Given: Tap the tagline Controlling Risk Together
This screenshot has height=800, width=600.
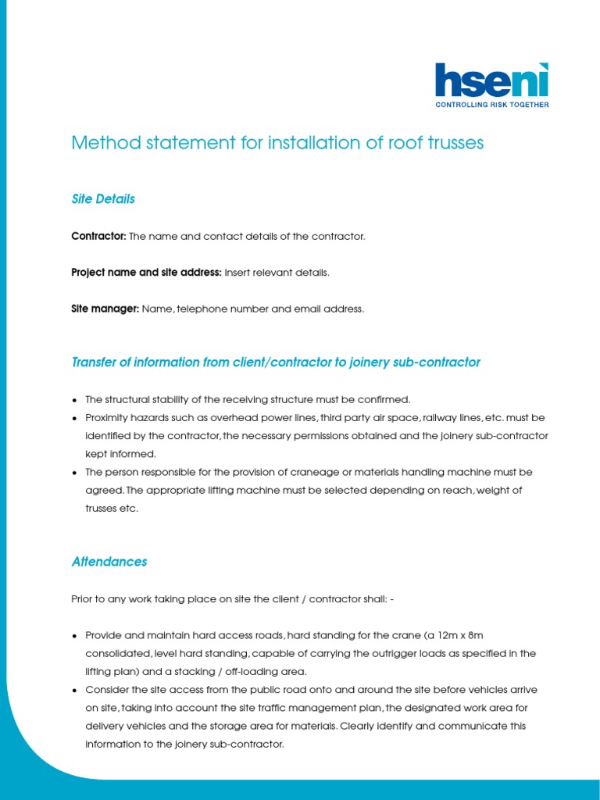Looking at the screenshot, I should pos(491,104).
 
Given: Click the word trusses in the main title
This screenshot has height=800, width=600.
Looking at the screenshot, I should pos(452,143).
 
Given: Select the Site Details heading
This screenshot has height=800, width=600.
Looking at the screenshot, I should pos(103,199).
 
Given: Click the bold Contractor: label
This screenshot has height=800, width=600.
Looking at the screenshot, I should pos(98,236).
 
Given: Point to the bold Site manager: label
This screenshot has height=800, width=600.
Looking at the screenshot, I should pos(105,309).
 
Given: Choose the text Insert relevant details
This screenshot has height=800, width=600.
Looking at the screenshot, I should pos(277,273).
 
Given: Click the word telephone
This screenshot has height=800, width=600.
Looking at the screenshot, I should pos(205,309).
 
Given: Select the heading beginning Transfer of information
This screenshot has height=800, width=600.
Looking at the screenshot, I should pos(276,362).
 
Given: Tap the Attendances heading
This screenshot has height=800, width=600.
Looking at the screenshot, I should pos(109,562).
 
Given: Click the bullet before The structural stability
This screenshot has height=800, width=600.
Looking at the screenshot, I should pos(74,399).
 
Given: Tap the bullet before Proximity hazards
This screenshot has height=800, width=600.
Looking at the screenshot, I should pos(74,417).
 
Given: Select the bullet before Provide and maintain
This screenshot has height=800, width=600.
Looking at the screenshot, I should pos(74,635).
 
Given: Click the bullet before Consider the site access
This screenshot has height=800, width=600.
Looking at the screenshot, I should pos(74,690).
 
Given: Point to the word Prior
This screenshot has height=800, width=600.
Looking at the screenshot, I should pos(83,598).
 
